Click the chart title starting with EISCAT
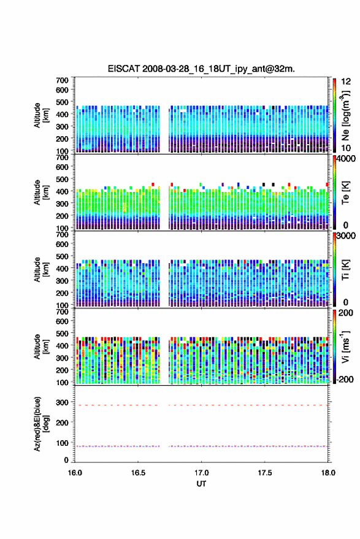tap(201, 69)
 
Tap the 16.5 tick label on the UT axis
tap(138, 473)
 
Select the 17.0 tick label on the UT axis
tap(201, 473)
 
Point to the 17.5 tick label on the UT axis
tap(265, 473)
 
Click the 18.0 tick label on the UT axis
tap(328, 473)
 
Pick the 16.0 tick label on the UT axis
tap(75, 473)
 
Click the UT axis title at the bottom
tap(201, 484)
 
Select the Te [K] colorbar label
tap(345, 193)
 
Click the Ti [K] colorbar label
tap(345, 270)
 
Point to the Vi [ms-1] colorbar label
tap(345, 346)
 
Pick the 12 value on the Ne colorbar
tap(346, 82)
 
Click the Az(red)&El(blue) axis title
tap(41, 424)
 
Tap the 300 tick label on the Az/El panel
tap(62, 402)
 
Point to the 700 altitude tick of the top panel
tap(62, 80)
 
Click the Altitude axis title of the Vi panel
tap(41, 346)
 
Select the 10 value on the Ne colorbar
tap(346, 148)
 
